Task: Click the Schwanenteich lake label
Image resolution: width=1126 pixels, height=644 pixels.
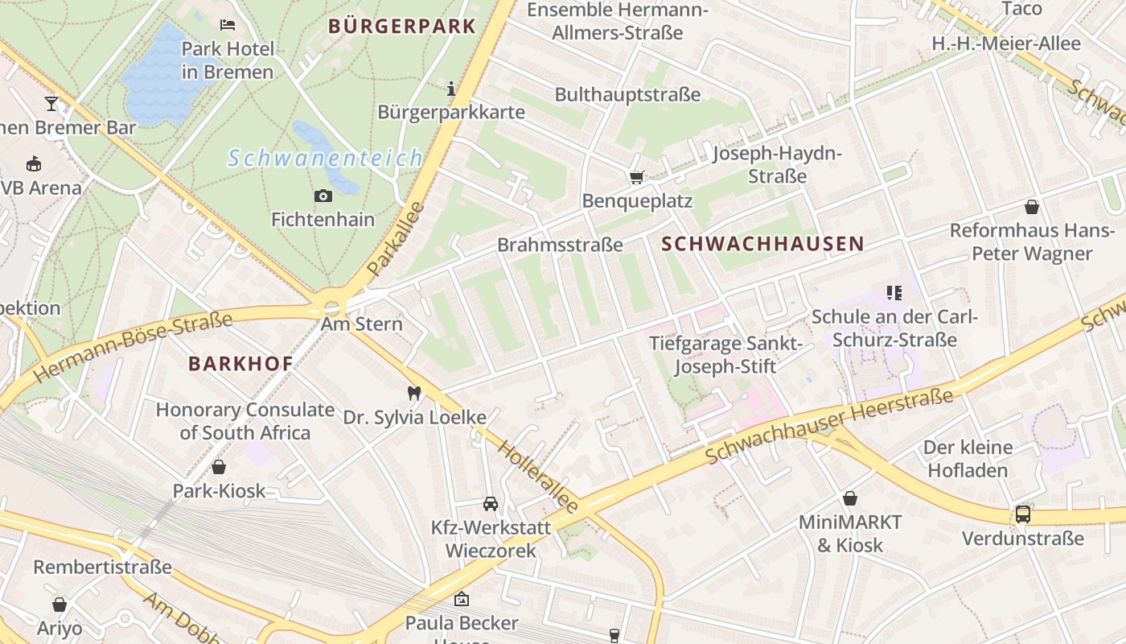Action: click(325, 158)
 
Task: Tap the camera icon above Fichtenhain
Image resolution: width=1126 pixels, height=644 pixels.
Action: click(323, 196)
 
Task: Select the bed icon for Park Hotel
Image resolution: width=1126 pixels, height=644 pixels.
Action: click(228, 25)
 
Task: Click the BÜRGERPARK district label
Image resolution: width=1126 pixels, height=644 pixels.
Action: click(402, 26)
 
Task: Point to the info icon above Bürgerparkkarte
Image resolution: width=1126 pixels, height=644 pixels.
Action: click(451, 88)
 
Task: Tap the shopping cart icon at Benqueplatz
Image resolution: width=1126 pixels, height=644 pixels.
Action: click(636, 176)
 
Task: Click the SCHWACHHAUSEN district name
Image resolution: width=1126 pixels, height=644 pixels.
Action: click(762, 244)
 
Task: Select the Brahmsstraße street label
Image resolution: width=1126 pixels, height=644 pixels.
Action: click(560, 245)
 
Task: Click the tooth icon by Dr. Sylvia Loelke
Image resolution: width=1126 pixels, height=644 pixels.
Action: click(414, 394)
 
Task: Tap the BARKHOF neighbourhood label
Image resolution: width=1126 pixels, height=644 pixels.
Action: click(240, 364)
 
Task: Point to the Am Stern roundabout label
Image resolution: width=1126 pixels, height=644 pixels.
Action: click(361, 324)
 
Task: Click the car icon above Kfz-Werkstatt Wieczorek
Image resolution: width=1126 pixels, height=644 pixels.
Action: click(490, 504)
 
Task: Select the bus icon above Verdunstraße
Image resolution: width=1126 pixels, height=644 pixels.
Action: click(1023, 514)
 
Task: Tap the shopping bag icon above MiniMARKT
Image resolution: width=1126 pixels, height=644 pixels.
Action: click(849, 499)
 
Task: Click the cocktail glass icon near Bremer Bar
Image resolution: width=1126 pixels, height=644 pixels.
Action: click(51, 104)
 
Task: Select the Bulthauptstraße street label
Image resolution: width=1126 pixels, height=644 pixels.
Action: click(627, 94)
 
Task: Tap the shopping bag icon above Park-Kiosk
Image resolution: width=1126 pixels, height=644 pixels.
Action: click(218, 467)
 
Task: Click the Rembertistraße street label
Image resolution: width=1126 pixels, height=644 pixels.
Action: click(102, 567)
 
